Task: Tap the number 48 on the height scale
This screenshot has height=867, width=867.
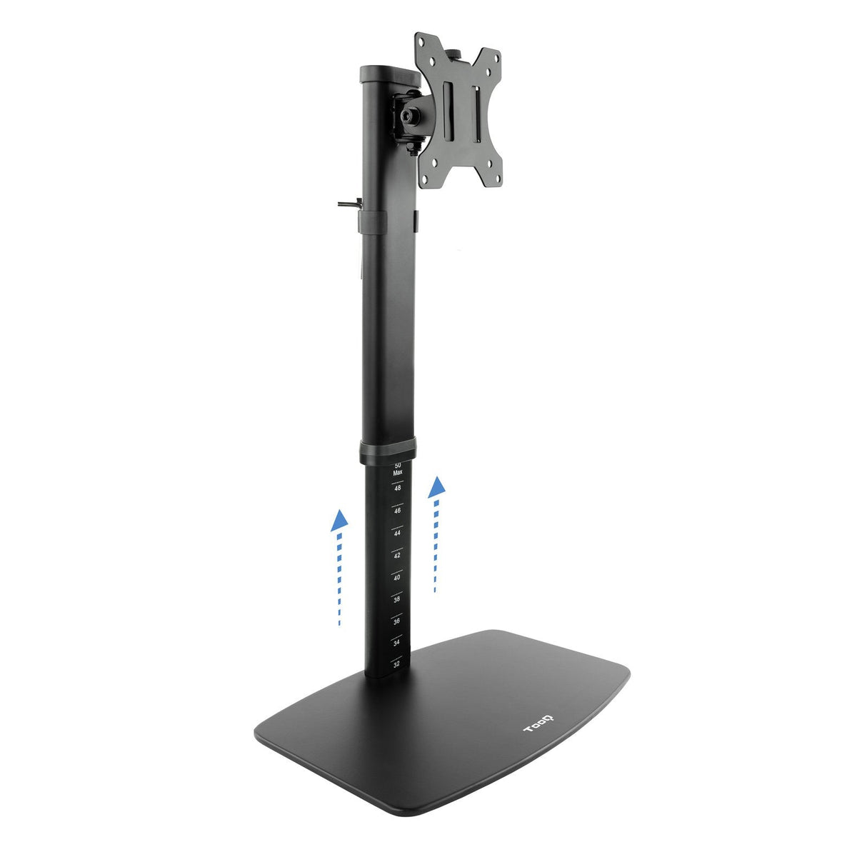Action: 397,488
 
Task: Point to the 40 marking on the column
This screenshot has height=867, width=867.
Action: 396,577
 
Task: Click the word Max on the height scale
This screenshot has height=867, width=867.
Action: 398,472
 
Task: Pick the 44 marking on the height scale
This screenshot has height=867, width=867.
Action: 397,533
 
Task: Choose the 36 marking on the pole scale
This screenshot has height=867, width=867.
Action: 396,621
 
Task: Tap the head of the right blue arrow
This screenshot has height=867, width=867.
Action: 436,487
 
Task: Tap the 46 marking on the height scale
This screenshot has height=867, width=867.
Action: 397,511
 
